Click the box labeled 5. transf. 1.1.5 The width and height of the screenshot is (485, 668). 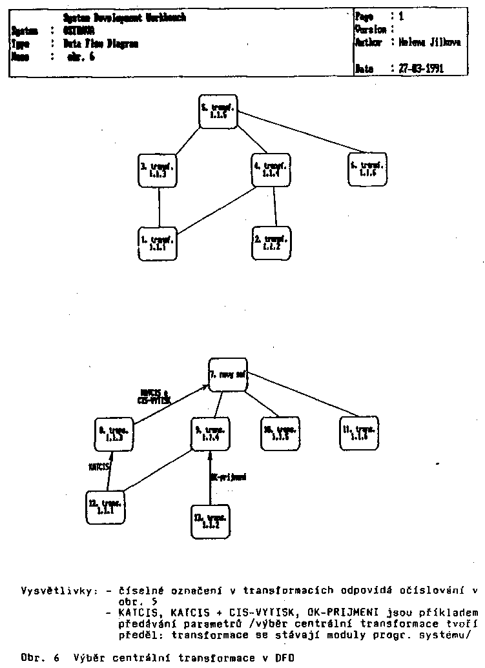click(218, 112)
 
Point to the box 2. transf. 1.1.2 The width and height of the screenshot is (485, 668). click(271, 243)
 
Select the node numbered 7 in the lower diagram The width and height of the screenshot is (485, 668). click(228, 375)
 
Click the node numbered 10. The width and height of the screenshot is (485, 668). click(280, 433)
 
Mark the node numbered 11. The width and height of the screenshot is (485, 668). click(360, 433)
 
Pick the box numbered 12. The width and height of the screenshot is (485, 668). click(105, 507)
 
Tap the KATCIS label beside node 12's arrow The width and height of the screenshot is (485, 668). click(99, 465)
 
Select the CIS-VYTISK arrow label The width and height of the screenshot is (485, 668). click(154, 400)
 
